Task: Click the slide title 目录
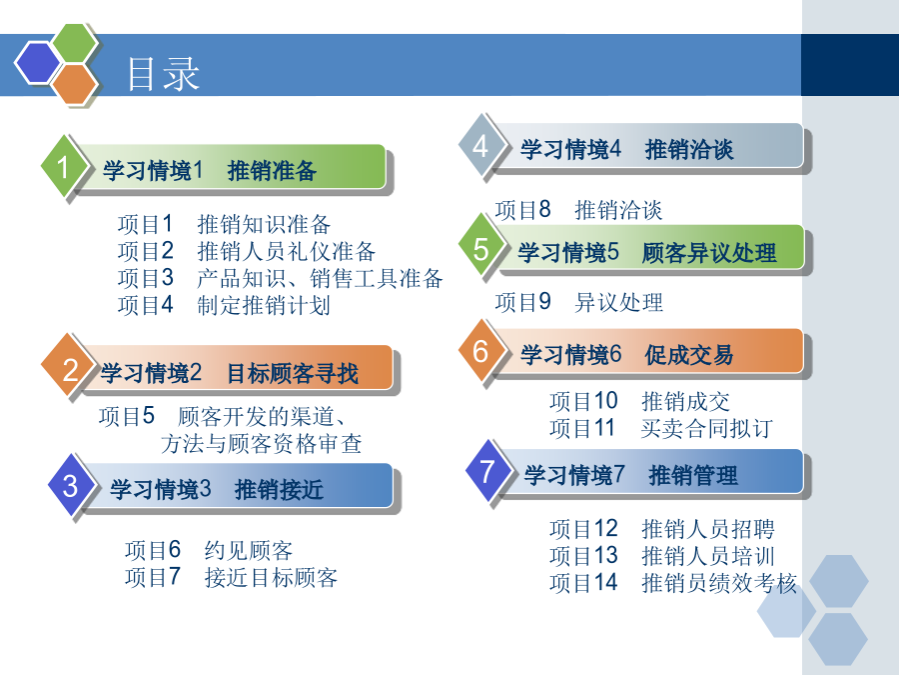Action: point(163,75)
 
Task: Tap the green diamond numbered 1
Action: point(64,167)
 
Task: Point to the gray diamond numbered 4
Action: point(480,145)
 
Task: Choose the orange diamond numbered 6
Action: point(480,351)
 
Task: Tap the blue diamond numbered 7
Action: point(486,471)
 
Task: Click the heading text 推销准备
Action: point(272,171)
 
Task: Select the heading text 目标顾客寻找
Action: point(293,373)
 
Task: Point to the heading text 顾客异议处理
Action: point(709,253)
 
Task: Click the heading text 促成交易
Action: point(688,355)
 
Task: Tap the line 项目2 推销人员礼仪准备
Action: point(247,251)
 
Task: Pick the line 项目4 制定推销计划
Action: point(224,305)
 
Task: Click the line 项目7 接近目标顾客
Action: point(231,577)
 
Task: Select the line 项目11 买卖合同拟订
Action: point(661,428)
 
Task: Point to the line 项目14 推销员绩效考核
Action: point(673,583)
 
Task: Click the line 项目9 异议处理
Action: point(579,302)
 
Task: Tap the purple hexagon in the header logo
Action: point(37,63)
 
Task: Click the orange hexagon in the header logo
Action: point(74,84)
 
